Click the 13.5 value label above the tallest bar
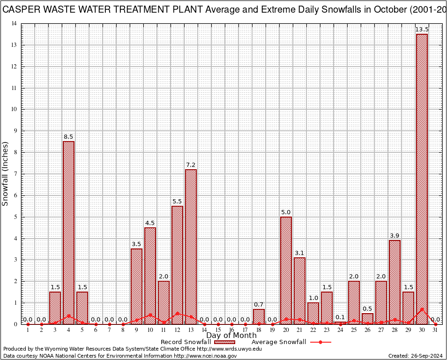pyautogui.click(x=422, y=30)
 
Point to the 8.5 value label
pyautogui.click(x=68, y=137)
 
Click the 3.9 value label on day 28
pyautogui.click(x=395, y=235)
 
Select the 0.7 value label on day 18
pyautogui.click(x=259, y=305)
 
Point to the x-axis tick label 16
pyautogui.click(x=231, y=330)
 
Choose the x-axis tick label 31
pyautogui.click(x=435, y=330)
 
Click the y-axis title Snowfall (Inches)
pyautogui.click(x=6, y=174)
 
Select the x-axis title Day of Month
pyautogui.click(x=231, y=336)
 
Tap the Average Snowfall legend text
pyautogui.click(x=279, y=342)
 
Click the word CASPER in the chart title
pyautogui.click(x=22, y=10)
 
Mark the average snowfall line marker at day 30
pyautogui.click(x=422, y=309)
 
